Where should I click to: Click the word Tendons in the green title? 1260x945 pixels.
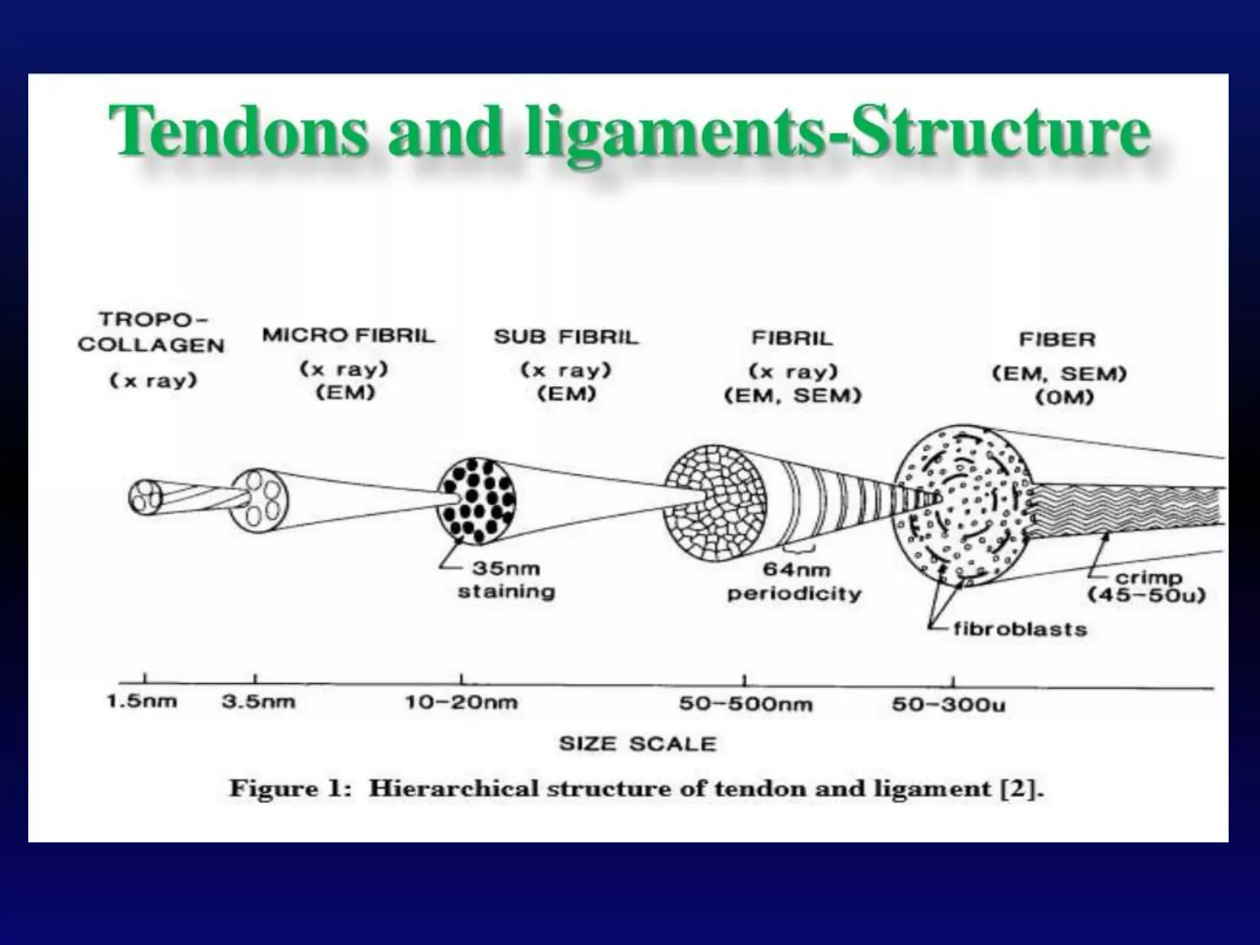(237, 132)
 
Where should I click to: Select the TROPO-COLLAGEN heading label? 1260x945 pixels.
(151, 332)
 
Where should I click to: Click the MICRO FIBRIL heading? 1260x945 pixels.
(348, 335)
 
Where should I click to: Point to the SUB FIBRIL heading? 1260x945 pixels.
(567, 337)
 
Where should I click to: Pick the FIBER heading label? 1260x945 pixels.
(1057, 340)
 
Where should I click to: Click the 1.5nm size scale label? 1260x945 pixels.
(142, 701)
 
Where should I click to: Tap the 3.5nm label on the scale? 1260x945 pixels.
(258, 702)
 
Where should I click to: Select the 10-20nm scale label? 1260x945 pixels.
(461, 703)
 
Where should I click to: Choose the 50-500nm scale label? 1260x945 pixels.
(745, 704)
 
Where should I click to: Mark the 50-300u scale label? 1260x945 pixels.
(948, 704)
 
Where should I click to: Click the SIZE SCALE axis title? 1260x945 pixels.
(637, 744)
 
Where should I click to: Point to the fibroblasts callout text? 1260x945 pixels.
(1019, 629)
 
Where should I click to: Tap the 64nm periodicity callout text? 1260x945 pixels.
(794, 582)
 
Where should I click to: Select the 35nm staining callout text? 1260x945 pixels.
(506, 580)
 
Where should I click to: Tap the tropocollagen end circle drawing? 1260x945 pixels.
(145, 496)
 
